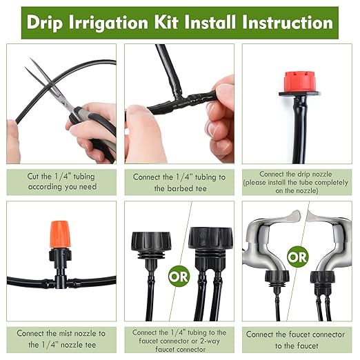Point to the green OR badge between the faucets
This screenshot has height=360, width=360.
click(298, 258)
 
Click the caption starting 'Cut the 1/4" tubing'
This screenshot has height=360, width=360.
click(61, 181)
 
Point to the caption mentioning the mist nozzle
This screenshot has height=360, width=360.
click(61, 339)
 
